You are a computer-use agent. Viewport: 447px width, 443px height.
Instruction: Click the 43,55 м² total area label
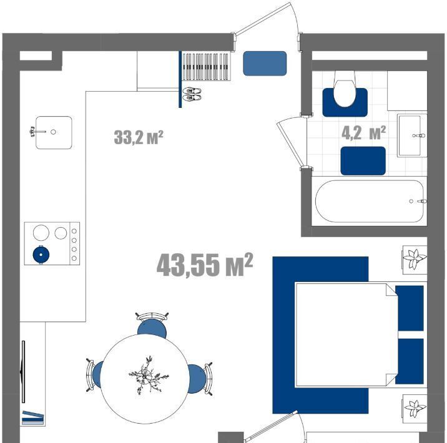(205, 265)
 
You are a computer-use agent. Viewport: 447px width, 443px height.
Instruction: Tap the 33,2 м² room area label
(139, 137)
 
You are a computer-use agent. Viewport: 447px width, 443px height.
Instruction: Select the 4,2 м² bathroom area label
(364, 133)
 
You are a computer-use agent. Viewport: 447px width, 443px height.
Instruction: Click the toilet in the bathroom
(345, 89)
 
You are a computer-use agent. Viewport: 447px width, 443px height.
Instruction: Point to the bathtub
(370, 201)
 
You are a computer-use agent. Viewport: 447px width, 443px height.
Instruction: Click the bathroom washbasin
(412, 135)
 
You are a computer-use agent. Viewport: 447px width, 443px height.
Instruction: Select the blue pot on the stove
(41, 255)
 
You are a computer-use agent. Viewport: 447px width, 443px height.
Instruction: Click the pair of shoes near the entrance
(192, 94)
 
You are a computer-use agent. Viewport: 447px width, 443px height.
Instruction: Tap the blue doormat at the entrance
(265, 63)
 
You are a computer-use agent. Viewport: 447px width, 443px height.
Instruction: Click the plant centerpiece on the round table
(148, 375)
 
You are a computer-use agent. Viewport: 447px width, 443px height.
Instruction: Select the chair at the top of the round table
(152, 325)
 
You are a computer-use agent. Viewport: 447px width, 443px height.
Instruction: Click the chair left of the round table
(95, 374)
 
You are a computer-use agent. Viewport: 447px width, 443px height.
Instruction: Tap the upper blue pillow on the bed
(410, 308)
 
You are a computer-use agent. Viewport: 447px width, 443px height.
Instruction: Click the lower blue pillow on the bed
(410, 361)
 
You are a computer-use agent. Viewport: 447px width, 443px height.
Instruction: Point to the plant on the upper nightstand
(414, 259)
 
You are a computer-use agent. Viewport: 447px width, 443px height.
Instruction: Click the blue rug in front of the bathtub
(363, 161)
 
